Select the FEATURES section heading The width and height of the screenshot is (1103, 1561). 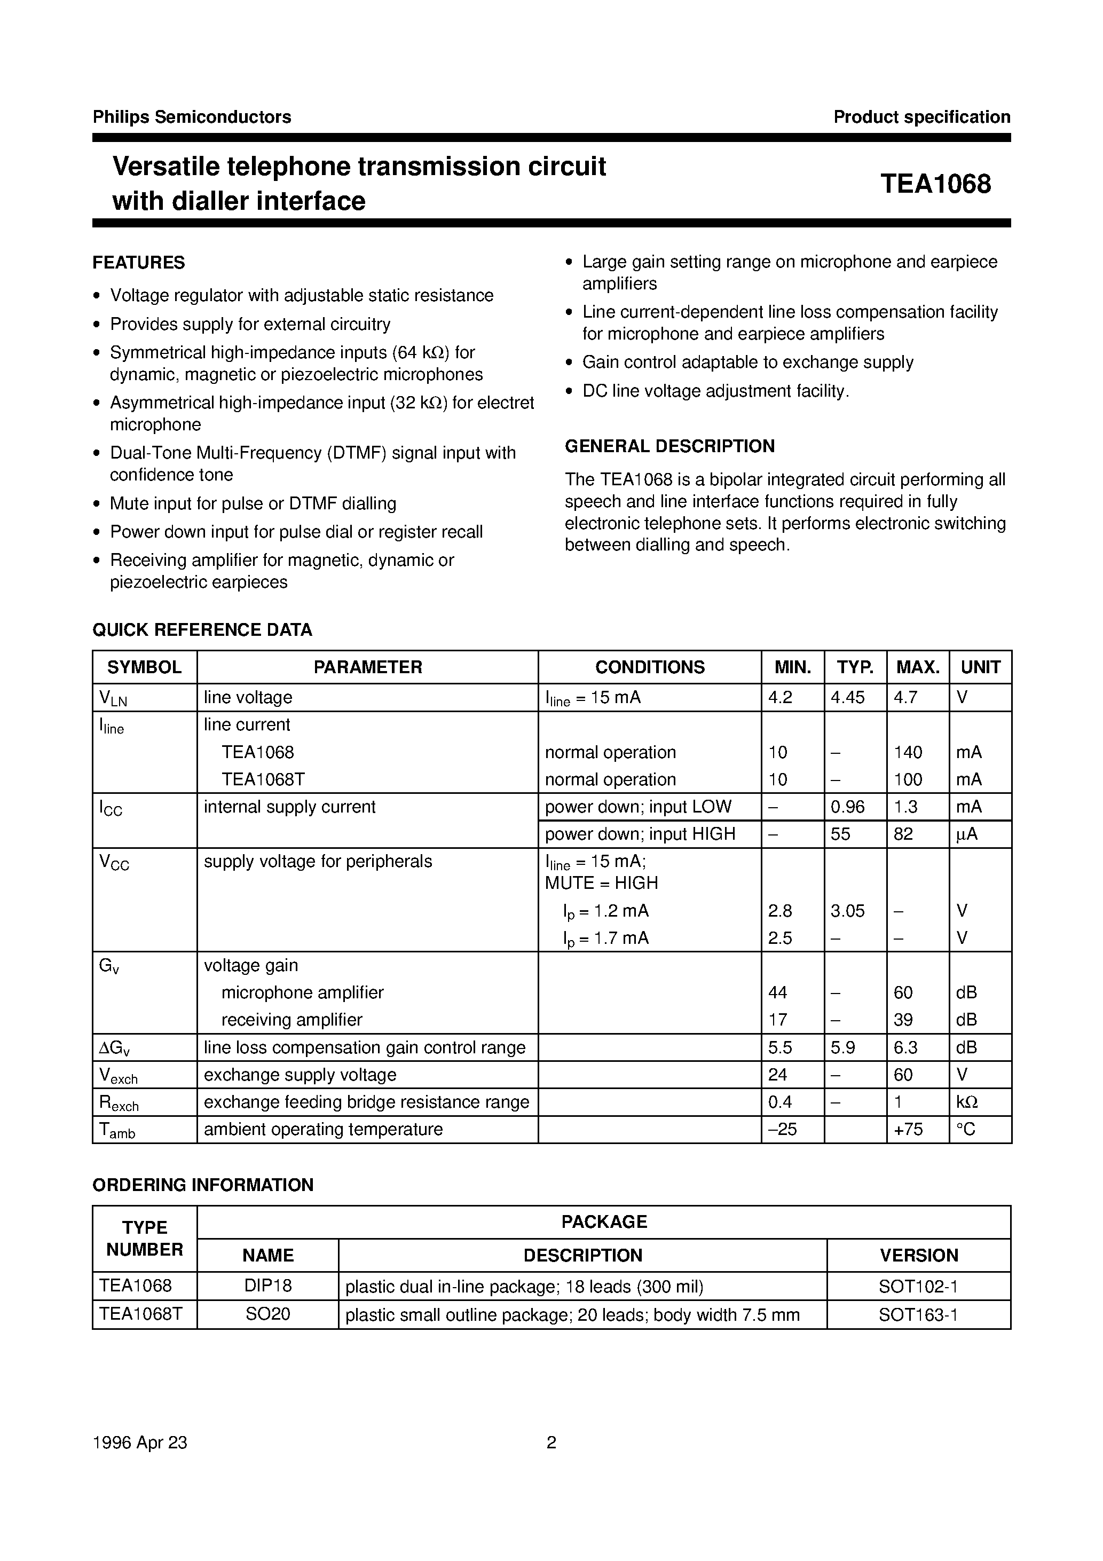[139, 263]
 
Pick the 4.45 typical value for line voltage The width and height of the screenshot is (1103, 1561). [847, 698]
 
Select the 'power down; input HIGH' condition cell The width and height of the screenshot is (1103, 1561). [640, 834]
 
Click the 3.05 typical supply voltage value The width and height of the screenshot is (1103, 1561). [847, 911]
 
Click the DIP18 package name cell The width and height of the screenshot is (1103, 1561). [268, 1286]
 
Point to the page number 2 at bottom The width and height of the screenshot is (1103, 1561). [551, 1442]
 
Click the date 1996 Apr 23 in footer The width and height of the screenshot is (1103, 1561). [139, 1442]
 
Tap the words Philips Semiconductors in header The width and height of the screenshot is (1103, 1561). [192, 117]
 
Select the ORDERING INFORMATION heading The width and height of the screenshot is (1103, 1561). [203, 1185]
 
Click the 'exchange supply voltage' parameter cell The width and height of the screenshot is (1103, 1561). [300, 1075]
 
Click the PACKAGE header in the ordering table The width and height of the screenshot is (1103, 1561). [604, 1222]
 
